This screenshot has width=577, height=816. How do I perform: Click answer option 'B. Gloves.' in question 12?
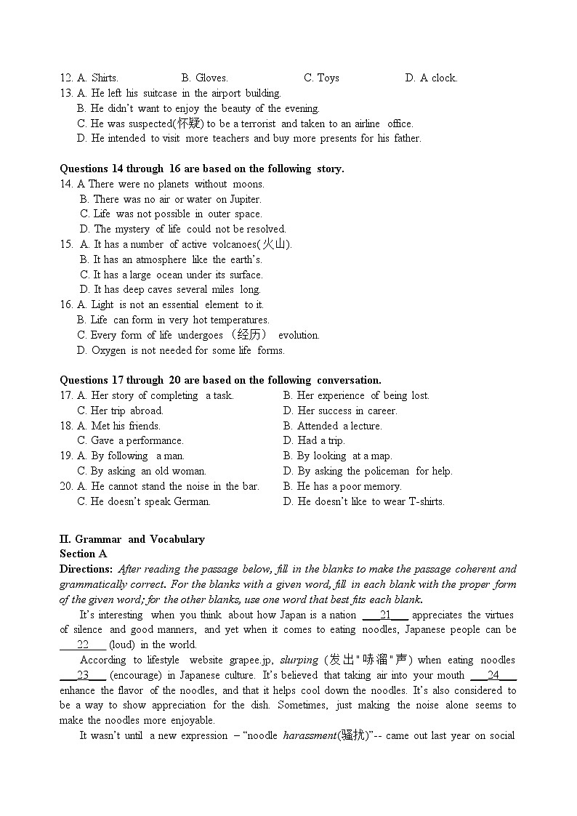pyautogui.click(x=204, y=78)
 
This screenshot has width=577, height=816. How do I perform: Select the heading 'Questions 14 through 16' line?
pyautogui.click(x=201, y=169)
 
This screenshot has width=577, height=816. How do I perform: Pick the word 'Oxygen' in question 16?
pyautogui.click(x=109, y=350)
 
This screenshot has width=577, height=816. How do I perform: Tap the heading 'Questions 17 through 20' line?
pyautogui.click(x=220, y=380)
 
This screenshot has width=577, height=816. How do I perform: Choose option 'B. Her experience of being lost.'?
pyautogui.click(x=356, y=395)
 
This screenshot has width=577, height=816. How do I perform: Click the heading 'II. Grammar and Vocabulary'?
pyautogui.click(x=132, y=539)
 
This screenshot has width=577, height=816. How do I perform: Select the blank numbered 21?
pyautogui.click(x=385, y=615)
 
